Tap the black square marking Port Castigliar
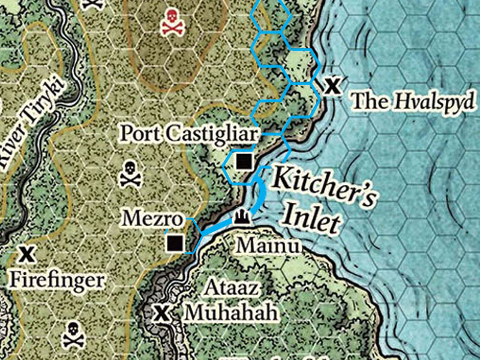[x=244, y=161]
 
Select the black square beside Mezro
[x=175, y=243]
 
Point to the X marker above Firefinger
[x=26, y=254]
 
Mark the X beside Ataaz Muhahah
[x=161, y=313]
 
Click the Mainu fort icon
[x=241, y=217]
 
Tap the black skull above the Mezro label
[x=130, y=174]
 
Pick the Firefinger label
[x=57, y=279]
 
